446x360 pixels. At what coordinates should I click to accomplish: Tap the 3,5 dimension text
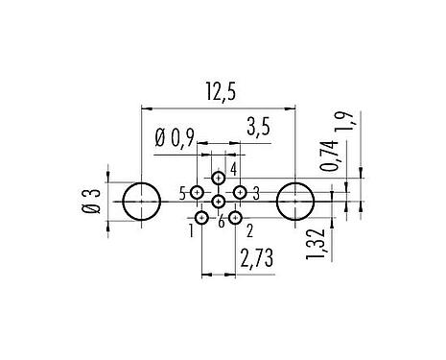pos(257,125)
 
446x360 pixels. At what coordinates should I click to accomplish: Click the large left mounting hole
pos(143,202)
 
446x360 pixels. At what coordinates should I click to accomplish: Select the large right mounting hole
pos(294,202)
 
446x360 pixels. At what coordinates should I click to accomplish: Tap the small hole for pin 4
pos(219,178)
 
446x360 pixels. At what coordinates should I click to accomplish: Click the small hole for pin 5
pos(197,193)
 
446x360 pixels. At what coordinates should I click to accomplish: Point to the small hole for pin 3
pos(241,193)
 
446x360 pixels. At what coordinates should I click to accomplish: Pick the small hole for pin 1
pos(201,219)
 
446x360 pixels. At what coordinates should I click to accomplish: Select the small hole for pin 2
pos(235,219)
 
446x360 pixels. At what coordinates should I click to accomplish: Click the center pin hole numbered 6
pos(219,202)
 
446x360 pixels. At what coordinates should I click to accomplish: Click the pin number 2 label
pos(249,229)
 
